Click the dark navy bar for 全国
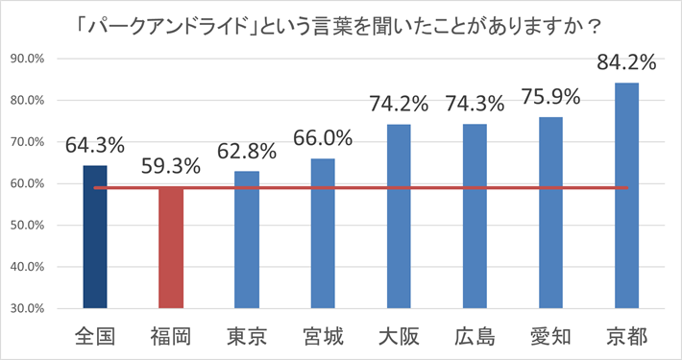click(x=95, y=237)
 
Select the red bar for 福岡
click(x=171, y=248)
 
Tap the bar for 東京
click(x=247, y=240)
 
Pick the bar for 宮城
click(x=323, y=233)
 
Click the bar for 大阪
click(x=399, y=217)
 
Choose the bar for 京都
click(x=626, y=196)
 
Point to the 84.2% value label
click(x=626, y=62)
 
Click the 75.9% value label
click(x=550, y=97)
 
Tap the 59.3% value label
click(x=171, y=166)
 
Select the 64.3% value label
click(x=95, y=145)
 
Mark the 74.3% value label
click(x=475, y=104)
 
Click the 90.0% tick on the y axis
click(x=28, y=59)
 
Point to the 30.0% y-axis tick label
click(x=28, y=309)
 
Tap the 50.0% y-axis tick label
click(x=28, y=226)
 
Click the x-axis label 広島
click(x=475, y=337)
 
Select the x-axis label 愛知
click(x=550, y=337)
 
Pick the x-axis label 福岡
click(x=171, y=337)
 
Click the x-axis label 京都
click(x=626, y=337)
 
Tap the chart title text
click(x=338, y=27)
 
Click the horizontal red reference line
click(x=361, y=188)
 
